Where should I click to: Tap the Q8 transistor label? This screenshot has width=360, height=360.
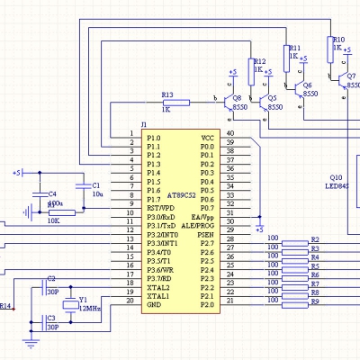tap(237, 97)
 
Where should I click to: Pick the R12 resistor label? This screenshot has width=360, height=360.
tap(259, 60)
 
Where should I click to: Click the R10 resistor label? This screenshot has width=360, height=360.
tap(337, 40)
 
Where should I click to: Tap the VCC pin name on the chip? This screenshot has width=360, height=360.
tap(208, 137)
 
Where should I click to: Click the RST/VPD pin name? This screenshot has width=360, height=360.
tap(160, 207)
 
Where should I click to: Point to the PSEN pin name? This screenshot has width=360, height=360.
tap(206, 234)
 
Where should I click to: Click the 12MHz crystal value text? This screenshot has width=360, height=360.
tap(90, 307)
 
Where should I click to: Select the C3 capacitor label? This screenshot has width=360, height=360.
tap(51, 318)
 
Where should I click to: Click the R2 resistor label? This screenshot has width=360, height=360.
tap(315, 239)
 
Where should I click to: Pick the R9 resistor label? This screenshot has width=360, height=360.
tap(315, 301)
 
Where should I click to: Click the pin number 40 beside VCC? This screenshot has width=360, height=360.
tap(230, 134)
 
